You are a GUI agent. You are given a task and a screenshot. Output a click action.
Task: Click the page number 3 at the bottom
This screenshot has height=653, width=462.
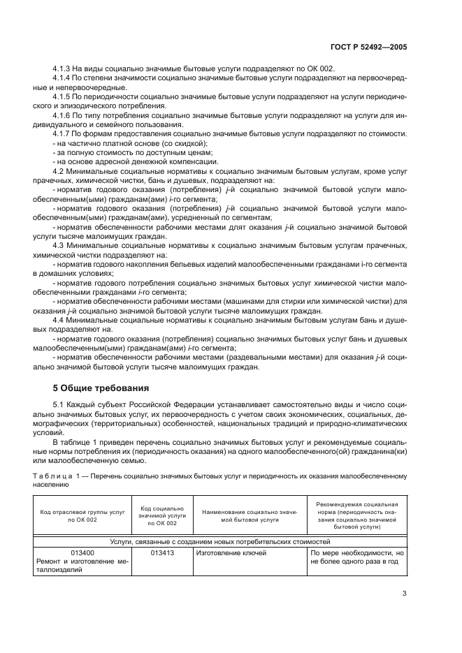click(x=404, y=594)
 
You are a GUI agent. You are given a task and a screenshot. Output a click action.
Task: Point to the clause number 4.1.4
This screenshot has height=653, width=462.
click(x=64, y=79)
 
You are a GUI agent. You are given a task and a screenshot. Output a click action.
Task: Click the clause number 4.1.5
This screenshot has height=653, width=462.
click(x=64, y=96)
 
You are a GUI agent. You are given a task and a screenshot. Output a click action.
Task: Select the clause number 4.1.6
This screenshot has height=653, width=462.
click(x=64, y=113)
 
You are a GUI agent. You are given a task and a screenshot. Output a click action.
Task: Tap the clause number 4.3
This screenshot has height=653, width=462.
click(x=60, y=247)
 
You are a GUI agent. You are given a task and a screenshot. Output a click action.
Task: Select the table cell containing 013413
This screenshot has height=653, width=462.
click(x=162, y=552)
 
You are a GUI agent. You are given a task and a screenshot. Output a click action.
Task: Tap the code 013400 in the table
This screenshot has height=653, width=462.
click(x=82, y=552)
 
